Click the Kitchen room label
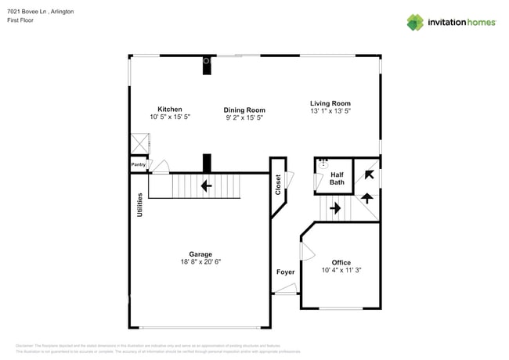170,109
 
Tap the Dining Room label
245,110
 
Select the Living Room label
330,103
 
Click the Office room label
341,263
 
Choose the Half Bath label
337,178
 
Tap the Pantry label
139,165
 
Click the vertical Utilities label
140,205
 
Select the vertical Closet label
278,185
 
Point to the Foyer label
285,272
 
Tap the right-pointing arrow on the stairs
334,208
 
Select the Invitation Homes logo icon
415,23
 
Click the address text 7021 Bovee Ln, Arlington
41,12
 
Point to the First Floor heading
21,21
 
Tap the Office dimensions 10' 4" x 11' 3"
341,271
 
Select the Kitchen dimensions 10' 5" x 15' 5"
170,117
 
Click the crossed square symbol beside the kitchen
139,144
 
